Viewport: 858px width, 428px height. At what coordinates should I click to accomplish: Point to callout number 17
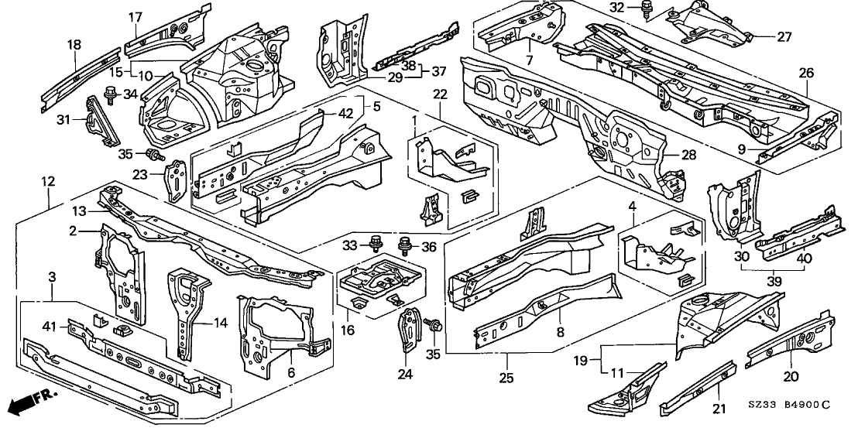pos(135,17)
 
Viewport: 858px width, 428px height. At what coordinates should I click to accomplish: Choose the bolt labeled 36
pos(404,246)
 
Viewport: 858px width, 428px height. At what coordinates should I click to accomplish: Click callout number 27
pos(763,36)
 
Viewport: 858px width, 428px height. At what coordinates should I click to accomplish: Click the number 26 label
pos(806,74)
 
